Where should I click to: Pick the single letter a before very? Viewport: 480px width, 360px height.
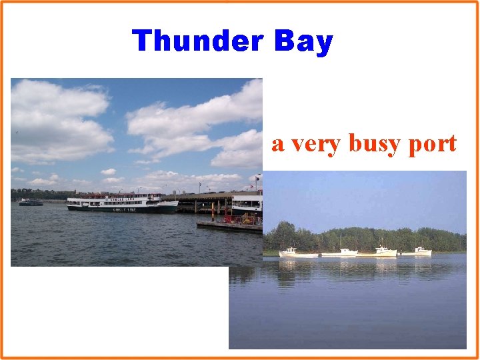278,145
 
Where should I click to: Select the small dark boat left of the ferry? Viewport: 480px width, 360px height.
31,202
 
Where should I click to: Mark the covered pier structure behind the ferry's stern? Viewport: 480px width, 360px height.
200,198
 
